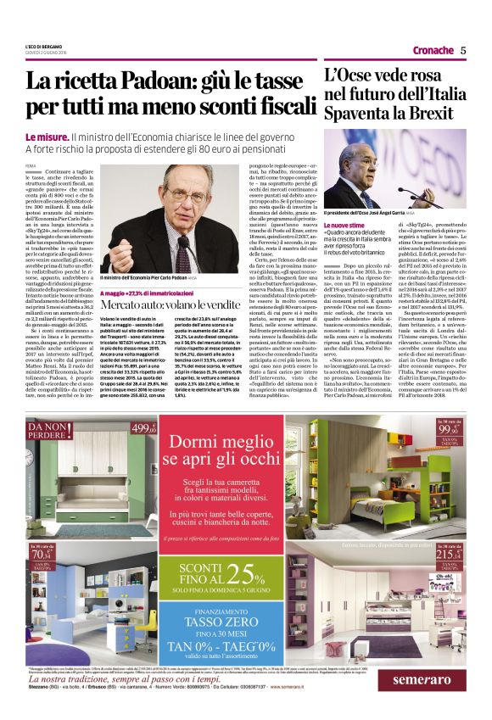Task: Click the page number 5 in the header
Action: click(x=475, y=50)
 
